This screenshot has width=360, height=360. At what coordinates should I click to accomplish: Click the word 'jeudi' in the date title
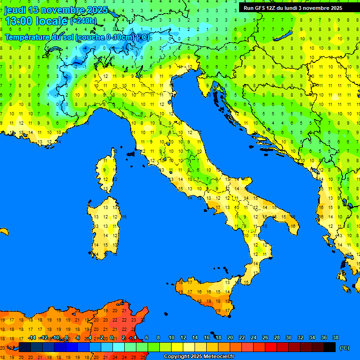15,10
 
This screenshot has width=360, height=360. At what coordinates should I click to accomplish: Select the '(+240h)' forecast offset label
83,21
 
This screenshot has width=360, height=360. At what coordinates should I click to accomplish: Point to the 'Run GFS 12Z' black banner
293,8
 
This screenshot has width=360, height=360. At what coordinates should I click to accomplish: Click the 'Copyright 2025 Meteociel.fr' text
199,356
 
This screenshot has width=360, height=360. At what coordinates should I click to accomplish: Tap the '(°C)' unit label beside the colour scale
344,348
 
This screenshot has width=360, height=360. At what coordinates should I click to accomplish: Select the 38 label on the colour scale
335,337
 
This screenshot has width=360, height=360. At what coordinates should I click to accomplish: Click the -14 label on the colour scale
32,337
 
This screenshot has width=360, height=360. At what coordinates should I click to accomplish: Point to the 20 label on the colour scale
230,337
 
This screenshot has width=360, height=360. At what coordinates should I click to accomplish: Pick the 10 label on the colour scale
172,337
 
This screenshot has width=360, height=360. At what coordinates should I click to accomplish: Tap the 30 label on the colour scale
289,337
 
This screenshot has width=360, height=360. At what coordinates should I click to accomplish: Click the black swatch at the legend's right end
330,347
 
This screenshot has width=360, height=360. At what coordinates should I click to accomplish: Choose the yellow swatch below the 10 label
177,347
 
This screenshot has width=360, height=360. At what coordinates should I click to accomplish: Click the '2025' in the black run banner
334,8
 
